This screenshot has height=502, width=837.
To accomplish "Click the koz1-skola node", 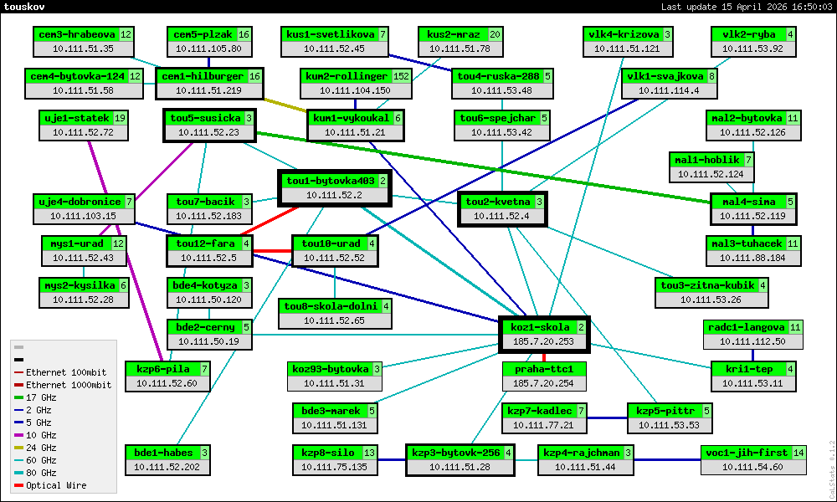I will tap(544, 334).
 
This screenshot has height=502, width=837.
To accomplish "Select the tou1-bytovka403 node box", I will tap(335, 187).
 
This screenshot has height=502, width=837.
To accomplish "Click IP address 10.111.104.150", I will tap(355, 90).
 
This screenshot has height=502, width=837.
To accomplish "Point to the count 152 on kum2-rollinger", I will tap(401, 76).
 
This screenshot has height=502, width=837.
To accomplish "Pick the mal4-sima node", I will tap(753, 208).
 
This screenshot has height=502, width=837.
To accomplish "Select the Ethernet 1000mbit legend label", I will tap(68, 385).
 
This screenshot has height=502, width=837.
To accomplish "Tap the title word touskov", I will tap(26, 7).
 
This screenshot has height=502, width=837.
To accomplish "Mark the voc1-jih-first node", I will tap(753, 459).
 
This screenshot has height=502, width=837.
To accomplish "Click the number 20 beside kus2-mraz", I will tap(496, 34).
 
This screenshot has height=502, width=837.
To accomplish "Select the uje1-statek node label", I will tap(75, 118).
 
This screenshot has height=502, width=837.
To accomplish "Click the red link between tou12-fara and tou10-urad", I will tap(272, 251).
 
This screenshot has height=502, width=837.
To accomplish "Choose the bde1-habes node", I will tap(167, 459).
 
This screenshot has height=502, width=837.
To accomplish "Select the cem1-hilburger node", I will tap(209, 83).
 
